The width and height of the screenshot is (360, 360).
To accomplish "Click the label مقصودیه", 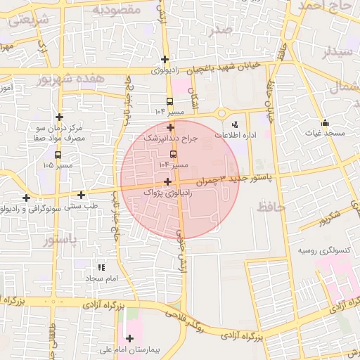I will pyautogui.click(x=117, y=10).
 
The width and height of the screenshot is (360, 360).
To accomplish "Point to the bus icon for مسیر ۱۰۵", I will pyautogui.click(x=57, y=155).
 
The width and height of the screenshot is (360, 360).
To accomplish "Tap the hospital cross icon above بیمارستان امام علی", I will pyautogui.click(x=129, y=338).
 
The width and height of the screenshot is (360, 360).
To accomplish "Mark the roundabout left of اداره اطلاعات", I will pyautogui.click(x=222, y=112).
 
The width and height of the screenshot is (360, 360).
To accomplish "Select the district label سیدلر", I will pyautogui.click(x=335, y=51).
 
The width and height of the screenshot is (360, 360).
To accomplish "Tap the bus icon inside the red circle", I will pyautogui.click(x=174, y=154).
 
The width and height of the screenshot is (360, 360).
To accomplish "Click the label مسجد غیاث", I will pyautogui.click(x=326, y=133).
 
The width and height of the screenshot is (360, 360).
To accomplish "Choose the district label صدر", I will pyautogui.click(x=220, y=30).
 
